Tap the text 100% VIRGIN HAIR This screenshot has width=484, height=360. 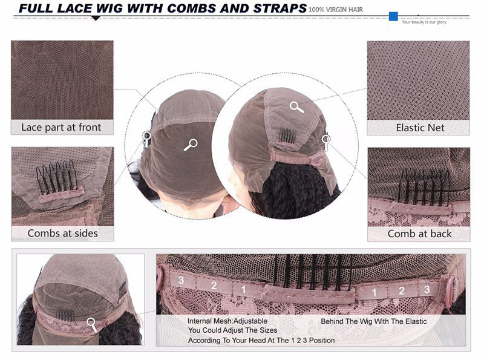click(x=336, y=10)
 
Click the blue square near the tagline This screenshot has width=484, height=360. click(x=393, y=16)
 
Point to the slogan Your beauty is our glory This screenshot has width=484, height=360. click(x=424, y=22)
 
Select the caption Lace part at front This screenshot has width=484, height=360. click(x=61, y=127)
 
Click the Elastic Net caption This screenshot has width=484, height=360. click(x=420, y=128)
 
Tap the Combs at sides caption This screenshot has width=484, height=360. click(x=63, y=233)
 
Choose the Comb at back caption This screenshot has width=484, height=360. click(x=419, y=234)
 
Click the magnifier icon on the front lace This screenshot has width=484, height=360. click(x=191, y=145)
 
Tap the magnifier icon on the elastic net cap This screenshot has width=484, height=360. click(x=296, y=107)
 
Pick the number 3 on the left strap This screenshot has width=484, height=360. click(x=181, y=280)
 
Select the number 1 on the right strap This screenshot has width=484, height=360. click(x=374, y=292)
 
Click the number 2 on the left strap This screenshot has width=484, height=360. click(x=214, y=286)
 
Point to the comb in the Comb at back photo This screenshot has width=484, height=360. click(x=425, y=185)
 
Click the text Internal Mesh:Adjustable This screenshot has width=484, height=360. click(x=227, y=321)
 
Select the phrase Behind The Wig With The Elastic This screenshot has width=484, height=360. click(x=374, y=321)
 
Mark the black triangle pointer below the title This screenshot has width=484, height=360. click(x=96, y=18)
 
